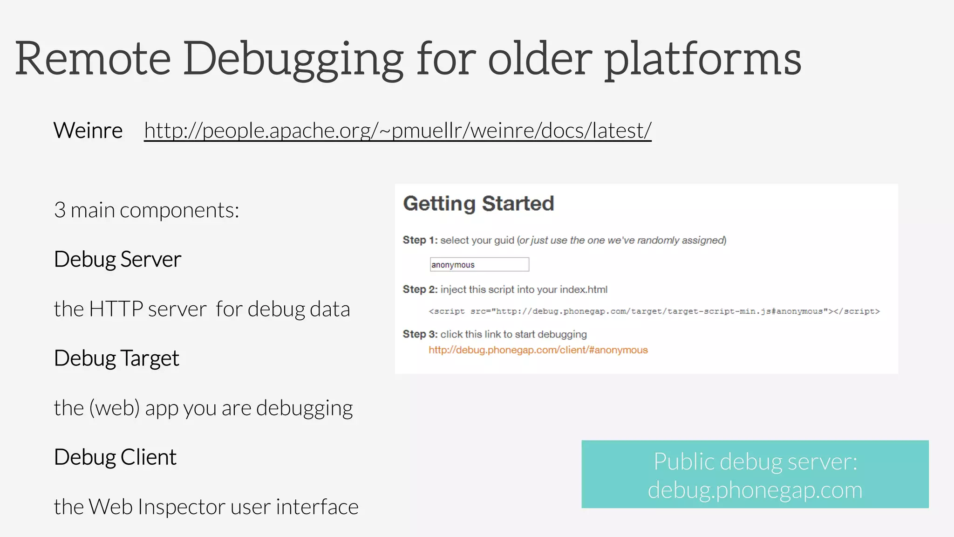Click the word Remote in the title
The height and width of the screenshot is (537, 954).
pos(93,59)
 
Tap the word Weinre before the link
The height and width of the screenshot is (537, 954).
pos(88,131)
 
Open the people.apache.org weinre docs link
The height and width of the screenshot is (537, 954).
pos(397,131)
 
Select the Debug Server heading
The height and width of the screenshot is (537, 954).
pos(117,259)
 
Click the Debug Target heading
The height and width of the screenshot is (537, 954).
pos(116,358)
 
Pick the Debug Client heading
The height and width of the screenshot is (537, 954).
pos(115,457)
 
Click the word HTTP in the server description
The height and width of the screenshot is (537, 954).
pos(116,309)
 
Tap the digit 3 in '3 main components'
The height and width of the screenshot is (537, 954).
pos(60,210)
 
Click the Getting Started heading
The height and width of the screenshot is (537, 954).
pos(478,204)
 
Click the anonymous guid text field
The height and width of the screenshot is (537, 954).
pos(479,265)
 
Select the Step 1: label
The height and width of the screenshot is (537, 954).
pos(420,240)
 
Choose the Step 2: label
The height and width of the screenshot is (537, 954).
pos(420,289)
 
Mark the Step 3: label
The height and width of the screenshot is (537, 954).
pos(420,334)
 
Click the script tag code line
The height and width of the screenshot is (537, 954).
pos(654,311)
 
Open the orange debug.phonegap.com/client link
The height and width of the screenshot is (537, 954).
pos(538,350)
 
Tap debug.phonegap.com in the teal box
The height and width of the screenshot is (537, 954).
pos(755,490)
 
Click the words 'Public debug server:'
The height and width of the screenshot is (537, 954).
pos(755,461)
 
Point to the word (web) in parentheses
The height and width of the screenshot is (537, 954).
pos(115,408)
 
